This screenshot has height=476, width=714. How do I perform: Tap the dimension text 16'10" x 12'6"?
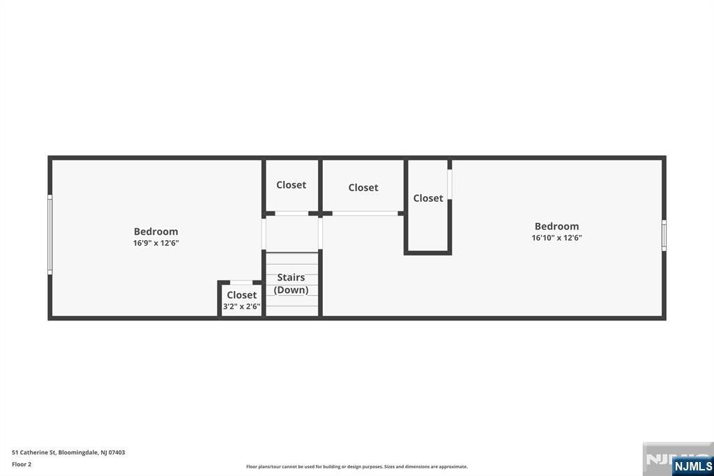pos(556,237)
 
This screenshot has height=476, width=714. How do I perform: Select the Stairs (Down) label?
pos(291,283)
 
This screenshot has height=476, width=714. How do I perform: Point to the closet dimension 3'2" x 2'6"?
pos(241,306)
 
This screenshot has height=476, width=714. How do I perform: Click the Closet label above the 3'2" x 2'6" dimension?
pos(241,295)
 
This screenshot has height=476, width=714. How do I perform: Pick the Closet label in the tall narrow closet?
pos(428,198)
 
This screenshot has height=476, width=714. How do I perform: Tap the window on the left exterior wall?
pos(50,235)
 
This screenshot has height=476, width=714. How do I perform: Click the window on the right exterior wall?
pos(664,235)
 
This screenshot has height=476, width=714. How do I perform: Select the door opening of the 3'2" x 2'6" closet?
pos(241,283)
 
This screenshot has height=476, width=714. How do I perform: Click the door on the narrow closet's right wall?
pos(450,184)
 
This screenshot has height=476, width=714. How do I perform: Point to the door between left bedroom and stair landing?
pos(264,233)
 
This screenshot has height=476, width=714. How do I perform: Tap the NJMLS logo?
pos(693,466)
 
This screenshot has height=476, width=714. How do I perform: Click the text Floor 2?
pos(22,465)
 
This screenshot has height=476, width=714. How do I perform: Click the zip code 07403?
pos(116,453)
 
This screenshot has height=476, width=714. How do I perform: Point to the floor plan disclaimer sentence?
pos(357,467)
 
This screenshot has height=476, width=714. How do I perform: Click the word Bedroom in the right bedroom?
pos(556,226)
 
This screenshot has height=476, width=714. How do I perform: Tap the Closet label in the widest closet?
pos(363,187)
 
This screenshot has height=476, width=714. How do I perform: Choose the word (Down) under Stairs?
pos(291,290)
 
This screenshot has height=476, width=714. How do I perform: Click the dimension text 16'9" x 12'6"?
pos(155,243)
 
